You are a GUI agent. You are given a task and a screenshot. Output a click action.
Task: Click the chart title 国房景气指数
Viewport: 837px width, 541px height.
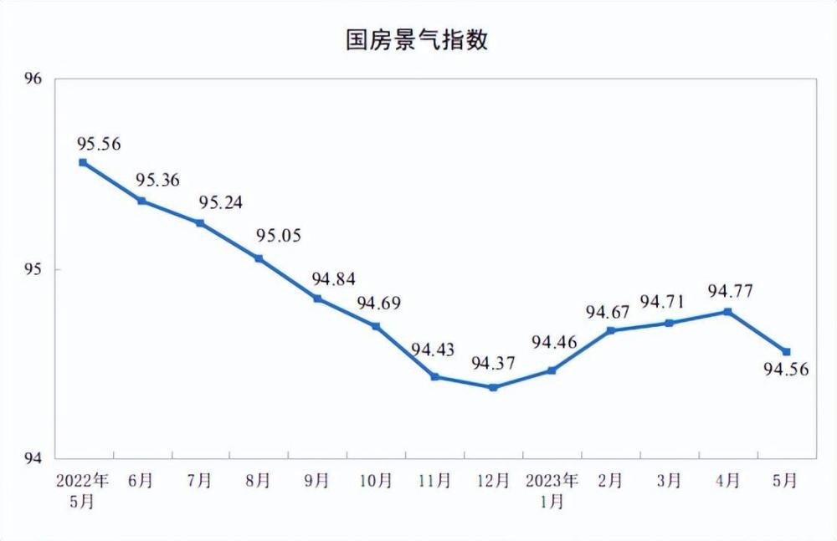click(417, 40)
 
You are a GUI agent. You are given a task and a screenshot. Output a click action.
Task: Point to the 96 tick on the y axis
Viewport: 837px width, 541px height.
click(33, 79)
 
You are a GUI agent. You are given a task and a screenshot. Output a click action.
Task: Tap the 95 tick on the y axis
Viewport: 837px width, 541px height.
click(33, 269)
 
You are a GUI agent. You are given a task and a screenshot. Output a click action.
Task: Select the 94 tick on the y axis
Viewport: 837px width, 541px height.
click(33, 458)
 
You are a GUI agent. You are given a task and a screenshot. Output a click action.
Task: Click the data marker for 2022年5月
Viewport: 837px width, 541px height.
click(83, 162)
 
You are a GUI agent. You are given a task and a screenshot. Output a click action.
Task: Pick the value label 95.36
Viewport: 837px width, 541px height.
click(157, 181)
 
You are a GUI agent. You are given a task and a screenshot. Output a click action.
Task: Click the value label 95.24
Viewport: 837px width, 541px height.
click(220, 202)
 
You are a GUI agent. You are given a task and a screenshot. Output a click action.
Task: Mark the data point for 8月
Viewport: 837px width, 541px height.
click(259, 258)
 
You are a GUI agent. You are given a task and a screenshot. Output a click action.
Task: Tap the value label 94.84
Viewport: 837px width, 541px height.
click(334, 279)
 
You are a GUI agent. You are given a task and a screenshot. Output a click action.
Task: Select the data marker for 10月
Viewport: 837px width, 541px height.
click(376, 326)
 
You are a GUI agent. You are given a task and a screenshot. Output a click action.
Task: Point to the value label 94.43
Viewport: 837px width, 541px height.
click(433, 350)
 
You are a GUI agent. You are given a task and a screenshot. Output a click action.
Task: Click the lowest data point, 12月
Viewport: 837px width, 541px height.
click(493, 387)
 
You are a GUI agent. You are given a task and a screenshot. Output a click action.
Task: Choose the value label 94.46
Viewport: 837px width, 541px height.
click(555, 342)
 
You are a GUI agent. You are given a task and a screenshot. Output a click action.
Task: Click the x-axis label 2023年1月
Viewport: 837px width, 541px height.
click(552, 491)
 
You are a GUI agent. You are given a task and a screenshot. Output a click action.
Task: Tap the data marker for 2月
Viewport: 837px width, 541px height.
click(611, 331)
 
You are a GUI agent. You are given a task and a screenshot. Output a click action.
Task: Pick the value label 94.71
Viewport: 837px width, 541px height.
click(662, 302)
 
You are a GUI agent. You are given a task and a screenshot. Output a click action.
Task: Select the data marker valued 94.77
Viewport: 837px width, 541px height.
click(727, 312)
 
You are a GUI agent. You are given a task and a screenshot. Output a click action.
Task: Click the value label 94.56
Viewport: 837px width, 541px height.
click(786, 369)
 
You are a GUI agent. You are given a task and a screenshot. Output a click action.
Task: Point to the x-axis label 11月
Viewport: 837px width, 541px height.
click(434, 481)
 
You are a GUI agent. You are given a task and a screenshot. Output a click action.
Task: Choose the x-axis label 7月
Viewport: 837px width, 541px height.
click(199, 481)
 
